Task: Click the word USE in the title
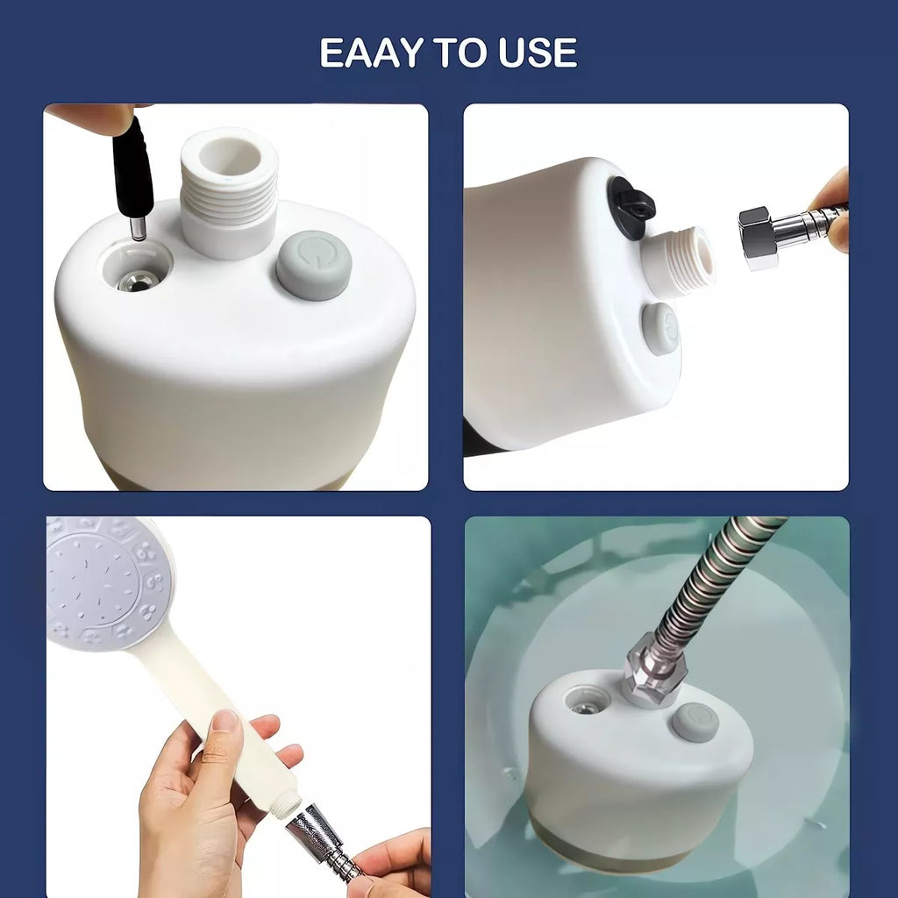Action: (x=538, y=53)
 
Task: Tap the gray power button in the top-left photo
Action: (x=313, y=265)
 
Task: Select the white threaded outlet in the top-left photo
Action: (x=229, y=192)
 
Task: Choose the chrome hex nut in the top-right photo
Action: (x=757, y=238)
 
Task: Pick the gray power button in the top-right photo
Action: (x=660, y=330)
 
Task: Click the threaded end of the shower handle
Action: (x=283, y=806)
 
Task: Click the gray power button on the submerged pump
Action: (x=695, y=723)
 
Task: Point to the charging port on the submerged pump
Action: (x=584, y=702)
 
